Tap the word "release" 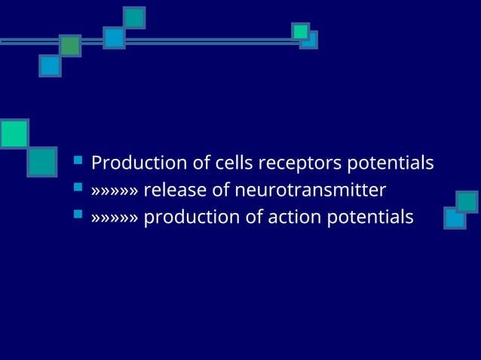174,190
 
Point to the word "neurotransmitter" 310,190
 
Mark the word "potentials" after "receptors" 390,163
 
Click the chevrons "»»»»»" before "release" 115,191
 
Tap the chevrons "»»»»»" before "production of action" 115,218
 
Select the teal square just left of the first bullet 41,162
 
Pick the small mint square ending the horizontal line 300,31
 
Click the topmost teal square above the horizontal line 134,17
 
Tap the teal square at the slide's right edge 467,201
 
